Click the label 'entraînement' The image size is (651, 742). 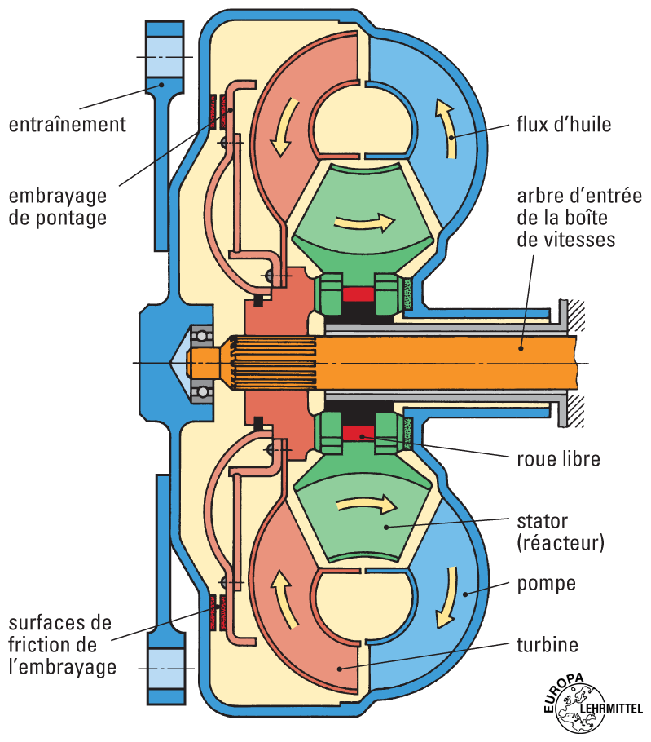click(x=68, y=125)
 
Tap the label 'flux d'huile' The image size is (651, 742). click(x=563, y=125)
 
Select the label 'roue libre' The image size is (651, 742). click(x=558, y=459)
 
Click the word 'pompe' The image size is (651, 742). click(x=546, y=584)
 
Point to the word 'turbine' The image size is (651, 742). click(x=547, y=645)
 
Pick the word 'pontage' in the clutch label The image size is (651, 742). click(x=77, y=219)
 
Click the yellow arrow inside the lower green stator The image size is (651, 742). click(x=364, y=506)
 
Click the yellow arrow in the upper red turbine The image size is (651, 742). click(x=280, y=130)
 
